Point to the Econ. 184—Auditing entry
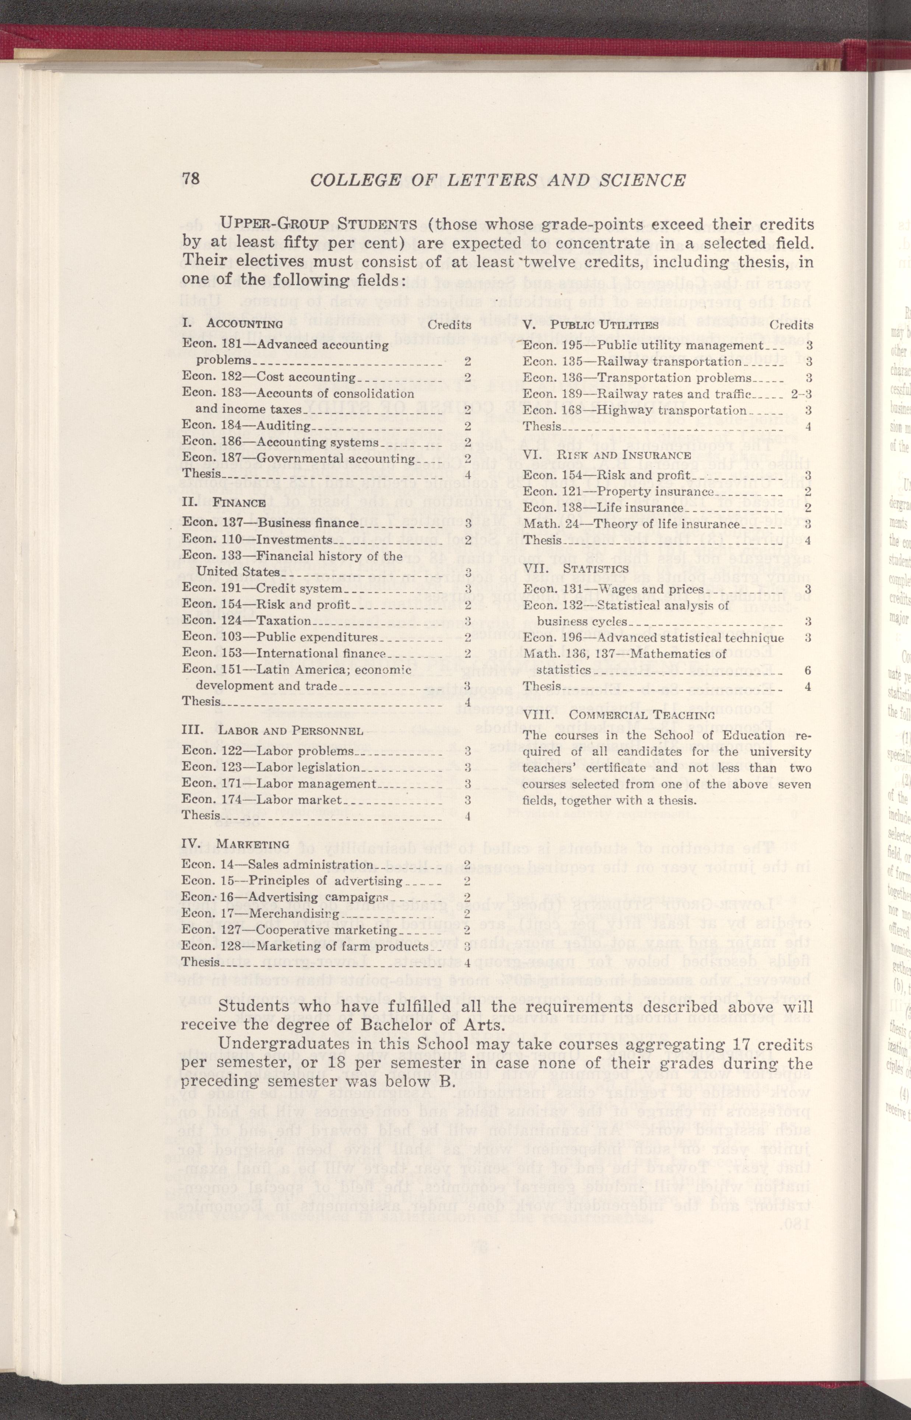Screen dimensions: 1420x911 247,425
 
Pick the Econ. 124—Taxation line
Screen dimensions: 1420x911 247,604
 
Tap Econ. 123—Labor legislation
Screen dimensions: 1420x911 271,767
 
